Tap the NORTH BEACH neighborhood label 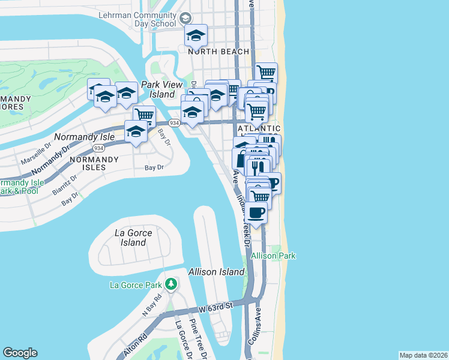click(x=218, y=52)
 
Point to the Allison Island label click(x=216, y=272)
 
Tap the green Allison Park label click(x=273, y=256)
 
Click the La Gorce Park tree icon click(x=171, y=283)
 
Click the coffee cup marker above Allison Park click(x=256, y=212)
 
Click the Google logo click(x=20, y=353)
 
